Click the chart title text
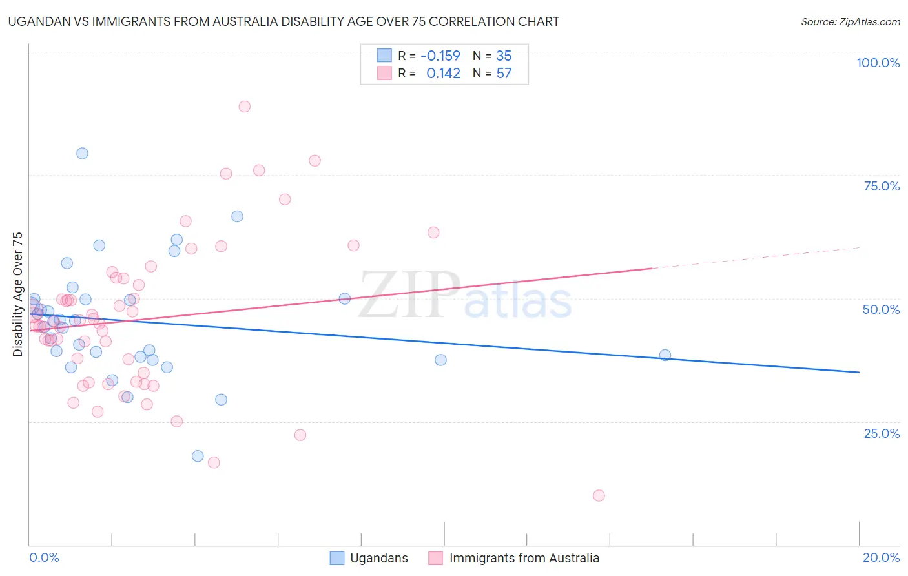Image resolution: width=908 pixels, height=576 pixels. point(284,21)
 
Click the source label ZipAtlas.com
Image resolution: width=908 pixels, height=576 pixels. point(850,21)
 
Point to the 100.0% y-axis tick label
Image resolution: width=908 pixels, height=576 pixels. point(878,63)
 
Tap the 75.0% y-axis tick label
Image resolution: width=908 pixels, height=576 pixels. point(882,186)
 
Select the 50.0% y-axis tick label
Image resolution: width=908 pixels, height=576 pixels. point(881,309)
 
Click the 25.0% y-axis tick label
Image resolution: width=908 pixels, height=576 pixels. point(882,433)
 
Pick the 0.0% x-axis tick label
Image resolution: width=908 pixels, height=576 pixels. point(44,557)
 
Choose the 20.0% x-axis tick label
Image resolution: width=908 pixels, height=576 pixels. point(881,557)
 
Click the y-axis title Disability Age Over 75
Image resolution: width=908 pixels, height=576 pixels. point(18,294)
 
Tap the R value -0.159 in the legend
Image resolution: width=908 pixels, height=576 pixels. point(440,56)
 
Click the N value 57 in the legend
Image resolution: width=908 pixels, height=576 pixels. point(504,74)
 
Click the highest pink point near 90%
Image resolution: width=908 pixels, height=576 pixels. point(244,107)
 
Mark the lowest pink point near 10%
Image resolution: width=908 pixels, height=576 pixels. point(599,496)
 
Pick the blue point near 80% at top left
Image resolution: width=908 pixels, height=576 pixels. point(82,153)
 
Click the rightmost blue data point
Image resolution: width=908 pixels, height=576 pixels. point(665,355)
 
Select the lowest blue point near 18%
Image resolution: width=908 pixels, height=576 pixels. point(198,456)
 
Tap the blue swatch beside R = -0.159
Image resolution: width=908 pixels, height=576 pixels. point(384,56)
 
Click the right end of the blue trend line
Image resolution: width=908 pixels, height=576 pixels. point(859,372)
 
